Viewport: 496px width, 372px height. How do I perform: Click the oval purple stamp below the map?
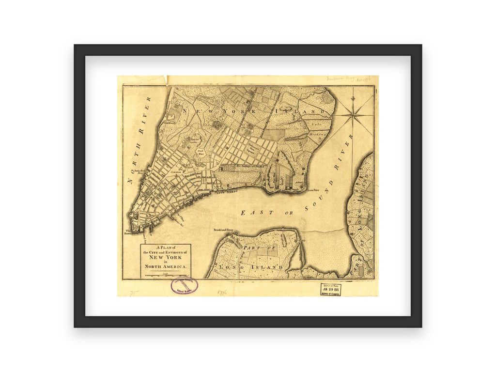184,285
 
